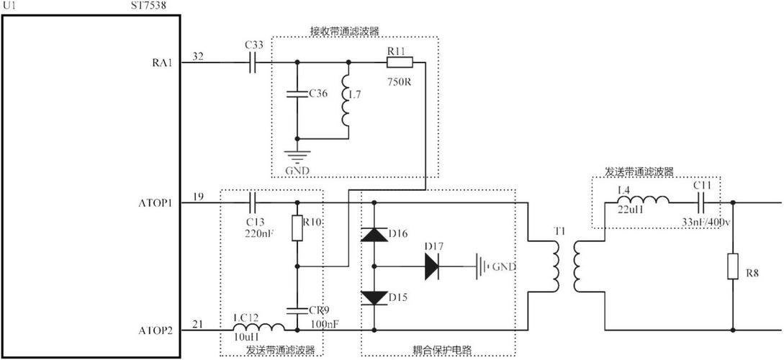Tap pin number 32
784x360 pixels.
click(199, 55)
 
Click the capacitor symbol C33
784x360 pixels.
click(253, 63)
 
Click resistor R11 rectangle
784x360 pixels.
click(398, 63)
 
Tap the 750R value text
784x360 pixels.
click(399, 81)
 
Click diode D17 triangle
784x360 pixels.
click(432, 266)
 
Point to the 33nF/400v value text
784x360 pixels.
click(703, 221)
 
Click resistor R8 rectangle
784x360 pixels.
click(732, 266)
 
